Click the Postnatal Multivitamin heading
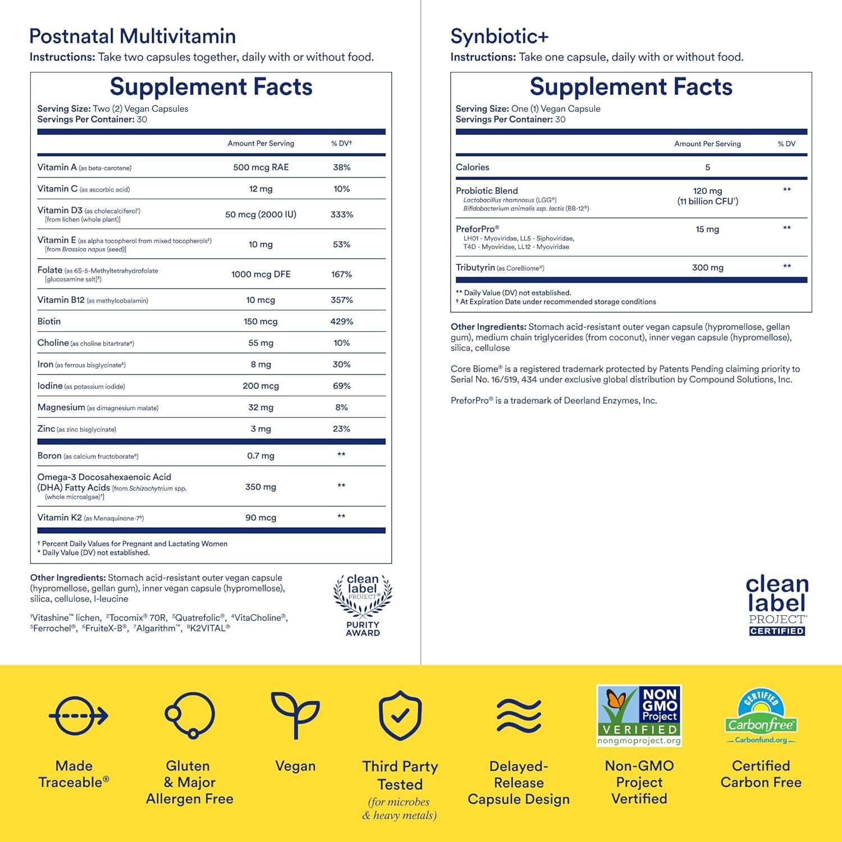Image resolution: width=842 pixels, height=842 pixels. click(x=132, y=36)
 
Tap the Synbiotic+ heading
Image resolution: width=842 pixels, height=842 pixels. click(x=499, y=36)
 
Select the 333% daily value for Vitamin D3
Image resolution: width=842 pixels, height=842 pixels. click(x=341, y=214)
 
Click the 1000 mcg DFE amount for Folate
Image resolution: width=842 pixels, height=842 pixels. click(x=260, y=274)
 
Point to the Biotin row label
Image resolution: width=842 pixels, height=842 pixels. click(x=49, y=322)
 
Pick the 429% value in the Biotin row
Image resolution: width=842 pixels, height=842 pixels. click(x=341, y=322)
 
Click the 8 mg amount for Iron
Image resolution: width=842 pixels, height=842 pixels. click(x=260, y=365)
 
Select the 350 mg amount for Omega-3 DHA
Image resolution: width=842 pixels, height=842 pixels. click(x=260, y=487)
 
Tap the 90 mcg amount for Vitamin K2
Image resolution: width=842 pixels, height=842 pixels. click(x=260, y=518)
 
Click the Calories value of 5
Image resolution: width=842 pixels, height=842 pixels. click(x=707, y=167)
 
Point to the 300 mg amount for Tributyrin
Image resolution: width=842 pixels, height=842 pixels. click(x=707, y=268)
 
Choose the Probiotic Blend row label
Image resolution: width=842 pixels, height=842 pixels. click(x=487, y=191)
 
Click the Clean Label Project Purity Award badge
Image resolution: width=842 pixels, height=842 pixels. click(x=363, y=605)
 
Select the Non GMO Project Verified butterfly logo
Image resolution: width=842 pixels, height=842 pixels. click(x=639, y=715)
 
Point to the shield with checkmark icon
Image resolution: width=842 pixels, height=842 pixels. click(x=400, y=716)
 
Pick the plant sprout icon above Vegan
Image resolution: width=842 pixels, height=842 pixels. click(x=295, y=714)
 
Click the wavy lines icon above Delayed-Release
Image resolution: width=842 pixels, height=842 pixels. click(x=519, y=716)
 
